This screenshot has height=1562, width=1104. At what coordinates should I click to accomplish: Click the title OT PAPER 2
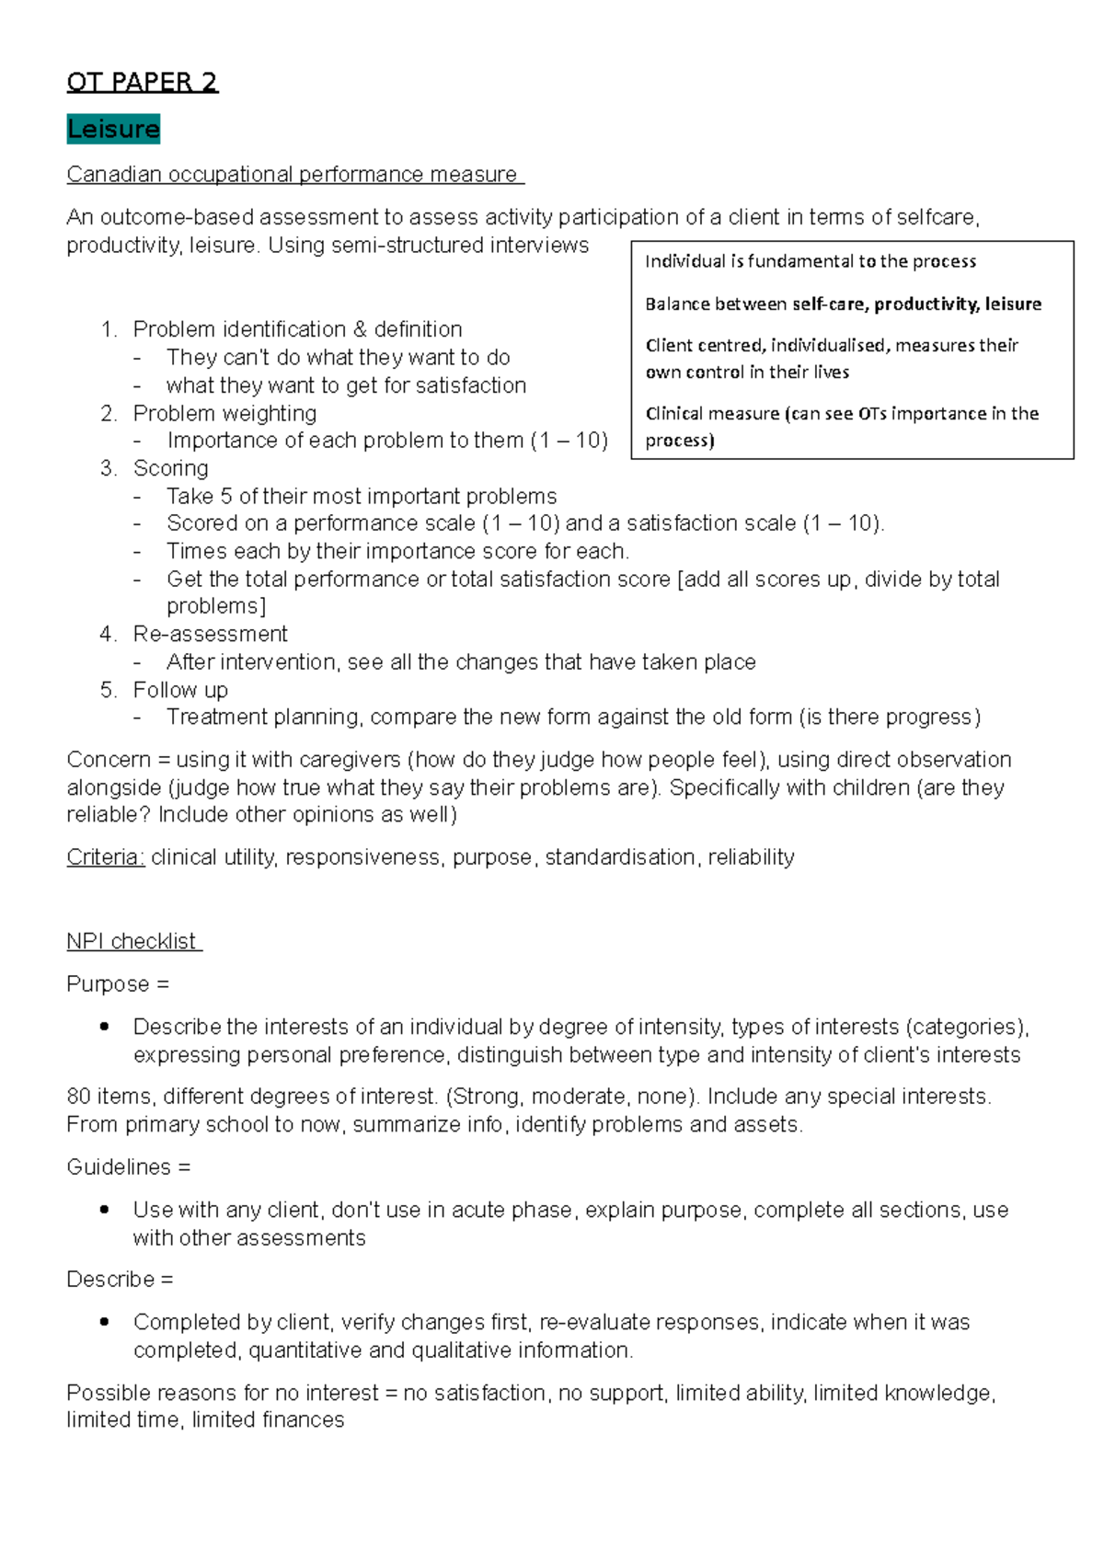tap(142, 83)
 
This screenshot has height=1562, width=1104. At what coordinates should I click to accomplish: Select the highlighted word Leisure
tap(113, 129)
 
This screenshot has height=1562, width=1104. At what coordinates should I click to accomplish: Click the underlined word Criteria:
tap(105, 857)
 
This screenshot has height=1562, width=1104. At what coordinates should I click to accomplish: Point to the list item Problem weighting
tap(224, 413)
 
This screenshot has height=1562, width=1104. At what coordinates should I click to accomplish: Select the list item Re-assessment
tap(210, 634)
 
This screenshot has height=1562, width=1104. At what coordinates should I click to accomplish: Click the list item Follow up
tap(180, 690)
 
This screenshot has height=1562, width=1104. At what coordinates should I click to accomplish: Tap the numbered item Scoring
tap(170, 468)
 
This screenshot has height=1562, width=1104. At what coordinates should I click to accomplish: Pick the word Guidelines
tap(119, 1167)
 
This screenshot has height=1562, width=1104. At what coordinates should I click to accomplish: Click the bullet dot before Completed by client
tap(104, 1322)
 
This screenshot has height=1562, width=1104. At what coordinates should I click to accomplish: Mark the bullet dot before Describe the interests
tap(104, 1027)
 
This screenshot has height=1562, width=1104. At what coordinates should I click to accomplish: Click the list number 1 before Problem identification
tap(109, 329)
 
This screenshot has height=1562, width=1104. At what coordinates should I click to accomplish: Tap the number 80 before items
tap(79, 1097)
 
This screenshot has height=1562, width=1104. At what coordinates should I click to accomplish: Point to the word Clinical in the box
tap(677, 414)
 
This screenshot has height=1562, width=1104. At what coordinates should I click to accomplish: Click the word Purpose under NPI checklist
tap(108, 984)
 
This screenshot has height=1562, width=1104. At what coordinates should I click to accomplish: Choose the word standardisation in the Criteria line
tap(620, 857)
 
